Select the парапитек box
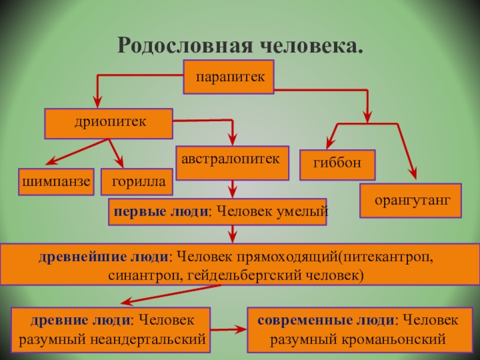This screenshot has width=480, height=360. (x=229, y=77)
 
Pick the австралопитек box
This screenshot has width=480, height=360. (x=232, y=161)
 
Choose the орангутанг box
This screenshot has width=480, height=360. (x=410, y=200)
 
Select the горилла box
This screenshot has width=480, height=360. (x=137, y=181)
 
